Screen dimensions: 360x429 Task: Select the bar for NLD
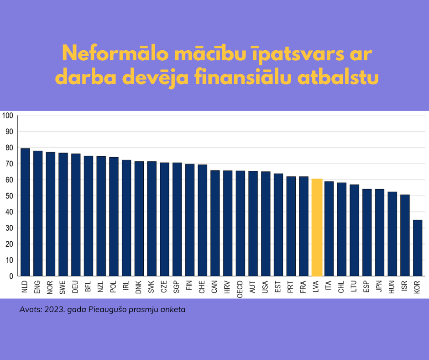coord(25,212)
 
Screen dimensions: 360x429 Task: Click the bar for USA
coord(266,224)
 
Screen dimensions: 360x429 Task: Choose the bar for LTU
coord(354,230)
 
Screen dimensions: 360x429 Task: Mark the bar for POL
coord(114,217)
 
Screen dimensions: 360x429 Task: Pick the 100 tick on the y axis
coord(8,115)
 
